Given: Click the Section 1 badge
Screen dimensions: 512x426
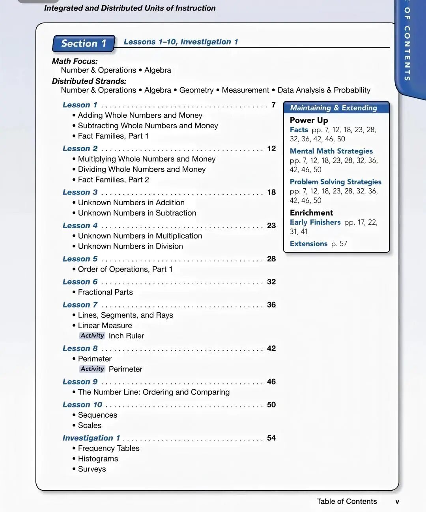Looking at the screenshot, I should click(x=84, y=43).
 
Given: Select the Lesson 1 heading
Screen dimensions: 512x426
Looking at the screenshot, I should click(x=80, y=105).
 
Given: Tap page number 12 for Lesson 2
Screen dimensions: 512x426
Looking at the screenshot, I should click(x=271, y=148).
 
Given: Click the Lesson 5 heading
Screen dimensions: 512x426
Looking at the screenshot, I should click(x=80, y=259).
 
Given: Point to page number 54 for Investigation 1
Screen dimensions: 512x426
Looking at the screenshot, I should click(x=271, y=438).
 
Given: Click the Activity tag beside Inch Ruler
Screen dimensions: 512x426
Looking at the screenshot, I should click(x=92, y=336).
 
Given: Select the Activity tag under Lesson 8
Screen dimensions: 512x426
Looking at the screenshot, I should click(x=92, y=369).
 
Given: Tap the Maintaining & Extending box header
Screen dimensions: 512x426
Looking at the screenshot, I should click(x=334, y=108).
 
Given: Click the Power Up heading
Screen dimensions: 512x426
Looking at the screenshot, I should click(x=309, y=120).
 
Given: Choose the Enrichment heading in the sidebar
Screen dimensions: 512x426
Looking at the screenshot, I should click(x=311, y=213).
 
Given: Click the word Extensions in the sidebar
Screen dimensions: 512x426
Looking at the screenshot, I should click(x=308, y=244).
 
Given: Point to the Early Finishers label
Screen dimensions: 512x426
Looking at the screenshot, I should click(x=315, y=222).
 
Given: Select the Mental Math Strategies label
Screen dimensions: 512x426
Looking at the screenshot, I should click(x=331, y=151).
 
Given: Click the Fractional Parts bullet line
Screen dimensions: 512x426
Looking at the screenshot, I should click(x=105, y=292).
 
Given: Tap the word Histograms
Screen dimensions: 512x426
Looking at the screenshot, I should click(x=98, y=459).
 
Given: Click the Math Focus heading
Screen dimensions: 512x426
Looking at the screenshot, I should click(x=75, y=61).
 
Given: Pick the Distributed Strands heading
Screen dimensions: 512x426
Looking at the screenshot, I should click(x=89, y=81).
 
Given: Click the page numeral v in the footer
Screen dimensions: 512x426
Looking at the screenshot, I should click(x=397, y=502).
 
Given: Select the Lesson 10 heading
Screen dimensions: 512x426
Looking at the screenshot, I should click(x=82, y=405).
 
